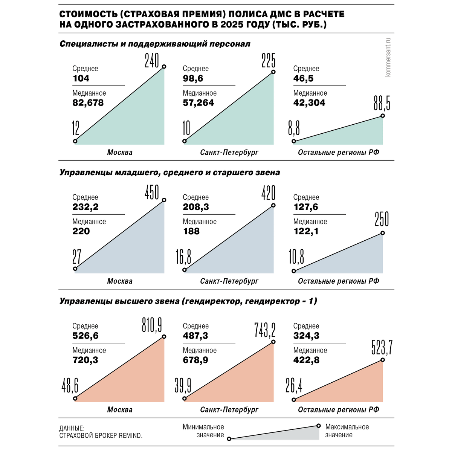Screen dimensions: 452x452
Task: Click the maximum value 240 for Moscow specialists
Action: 152,60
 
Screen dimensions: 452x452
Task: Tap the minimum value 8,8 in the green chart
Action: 294,129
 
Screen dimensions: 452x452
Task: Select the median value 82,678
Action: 88,102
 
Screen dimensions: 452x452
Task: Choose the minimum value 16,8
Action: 183,257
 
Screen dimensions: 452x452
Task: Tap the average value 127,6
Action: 305,207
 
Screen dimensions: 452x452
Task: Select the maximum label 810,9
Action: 152,325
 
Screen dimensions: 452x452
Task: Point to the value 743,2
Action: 265,330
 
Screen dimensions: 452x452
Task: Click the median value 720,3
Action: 85,360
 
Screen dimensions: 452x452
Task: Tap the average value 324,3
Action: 306,335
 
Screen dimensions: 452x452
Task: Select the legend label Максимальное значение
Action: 347,431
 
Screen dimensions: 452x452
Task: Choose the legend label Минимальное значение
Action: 203,431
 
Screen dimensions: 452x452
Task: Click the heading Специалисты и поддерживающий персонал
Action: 155,44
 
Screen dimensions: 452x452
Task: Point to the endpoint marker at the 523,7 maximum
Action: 383,360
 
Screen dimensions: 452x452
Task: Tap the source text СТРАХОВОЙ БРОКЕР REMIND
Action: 101,435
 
